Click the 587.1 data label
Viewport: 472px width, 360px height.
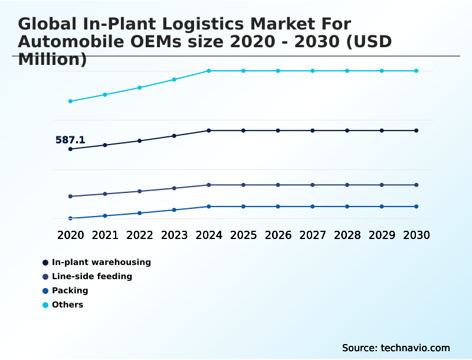(70, 140)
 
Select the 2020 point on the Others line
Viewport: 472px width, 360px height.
(70, 101)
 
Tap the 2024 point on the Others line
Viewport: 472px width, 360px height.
(209, 71)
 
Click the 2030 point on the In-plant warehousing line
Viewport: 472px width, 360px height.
(417, 130)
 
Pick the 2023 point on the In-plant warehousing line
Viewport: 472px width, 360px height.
(174, 136)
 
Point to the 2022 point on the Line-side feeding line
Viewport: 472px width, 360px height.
(140, 191)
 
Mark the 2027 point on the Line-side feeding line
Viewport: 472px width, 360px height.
(313, 185)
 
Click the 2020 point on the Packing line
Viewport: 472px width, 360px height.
(70, 218)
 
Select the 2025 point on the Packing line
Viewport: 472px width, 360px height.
(243, 207)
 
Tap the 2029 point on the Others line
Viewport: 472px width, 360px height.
(382, 71)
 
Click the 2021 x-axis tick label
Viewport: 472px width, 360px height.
(105, 235)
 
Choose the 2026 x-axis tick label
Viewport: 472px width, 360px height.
(278, 235)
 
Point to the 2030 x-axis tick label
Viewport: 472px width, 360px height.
(417, 235)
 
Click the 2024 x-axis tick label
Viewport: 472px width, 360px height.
(209, 235)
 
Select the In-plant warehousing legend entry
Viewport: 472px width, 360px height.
(101, 262)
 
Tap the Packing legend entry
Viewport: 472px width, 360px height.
(70, 290)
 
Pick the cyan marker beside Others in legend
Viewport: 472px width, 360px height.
(45, 305)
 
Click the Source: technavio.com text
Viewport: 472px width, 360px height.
(396, 348)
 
